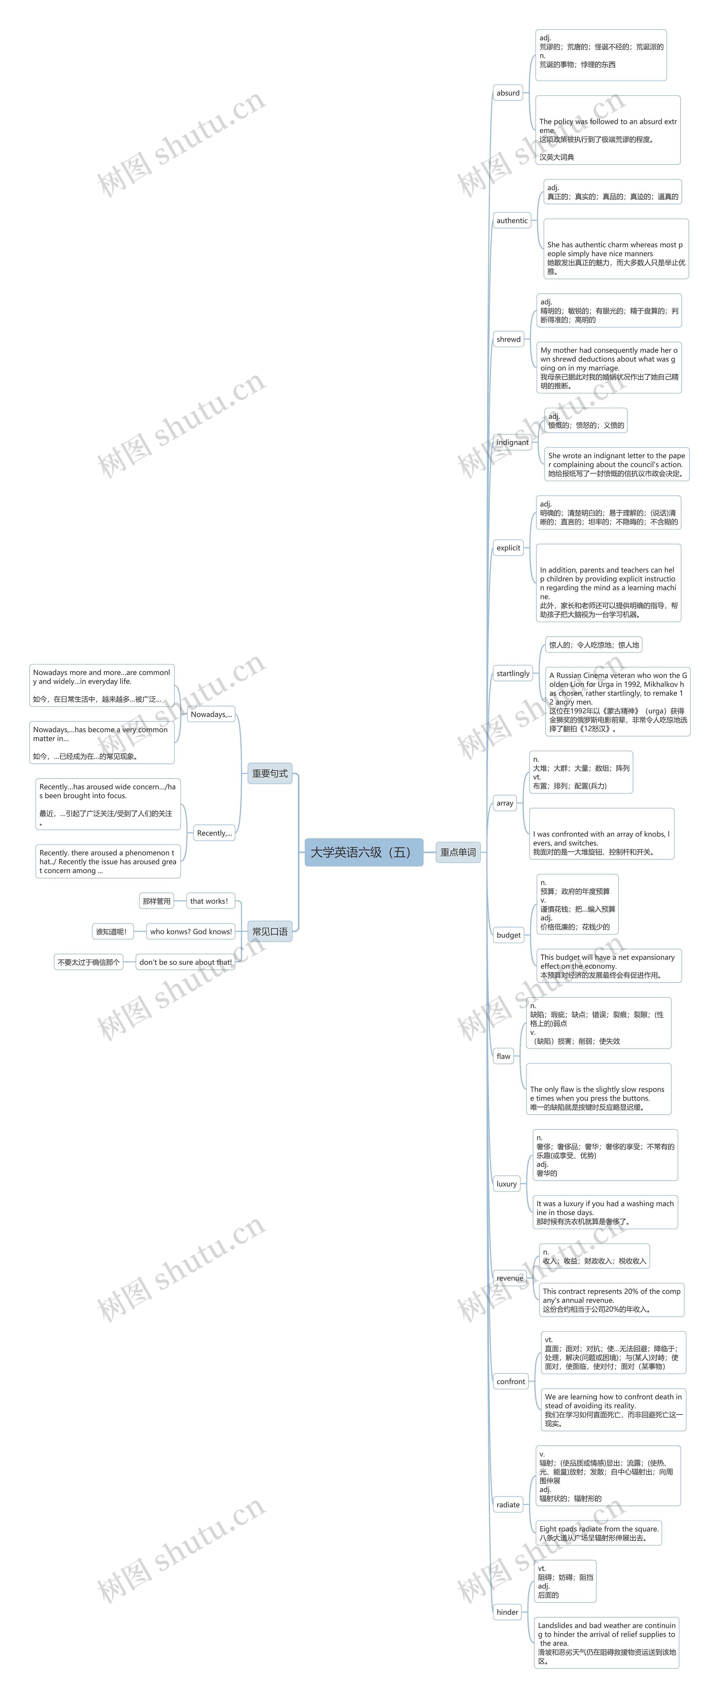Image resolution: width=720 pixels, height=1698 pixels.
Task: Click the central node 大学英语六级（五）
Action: click(363, 852)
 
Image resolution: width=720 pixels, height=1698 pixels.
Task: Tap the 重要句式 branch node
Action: click(270, 773)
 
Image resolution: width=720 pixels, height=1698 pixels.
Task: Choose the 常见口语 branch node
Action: click(270, 931)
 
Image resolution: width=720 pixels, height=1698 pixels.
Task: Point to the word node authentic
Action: click(512, 221)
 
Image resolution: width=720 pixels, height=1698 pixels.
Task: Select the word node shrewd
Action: click(508, 339)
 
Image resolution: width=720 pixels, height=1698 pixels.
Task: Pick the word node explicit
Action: click(508, 548)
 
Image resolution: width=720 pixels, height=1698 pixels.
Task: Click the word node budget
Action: click(508, 935)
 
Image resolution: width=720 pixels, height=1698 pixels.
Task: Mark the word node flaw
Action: click(504, 1056)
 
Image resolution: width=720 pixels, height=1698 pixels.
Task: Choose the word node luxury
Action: click(506, 1184)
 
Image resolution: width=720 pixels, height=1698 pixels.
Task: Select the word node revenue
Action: click(510, 1278)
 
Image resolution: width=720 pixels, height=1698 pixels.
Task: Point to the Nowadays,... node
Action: click(211, 714)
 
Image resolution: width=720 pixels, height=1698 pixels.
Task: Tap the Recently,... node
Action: click(214, 833)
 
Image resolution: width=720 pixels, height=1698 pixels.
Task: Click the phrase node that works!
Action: click(209, 901)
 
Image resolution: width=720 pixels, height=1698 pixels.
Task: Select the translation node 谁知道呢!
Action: click(111, 931)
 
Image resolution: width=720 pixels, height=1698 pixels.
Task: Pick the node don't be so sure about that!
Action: click(185, 962)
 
